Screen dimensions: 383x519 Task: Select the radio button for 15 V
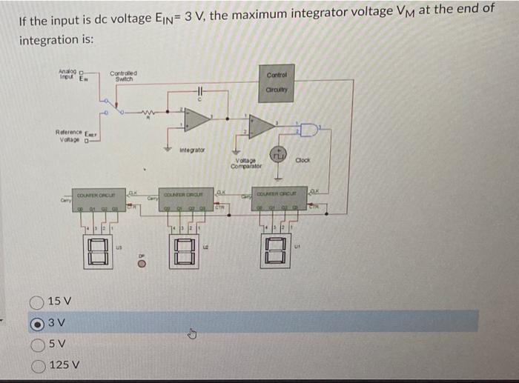[x=35, y=302]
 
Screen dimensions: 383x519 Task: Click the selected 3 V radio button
[x=35, y=322]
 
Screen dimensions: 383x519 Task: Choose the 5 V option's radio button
[x=35, y=343]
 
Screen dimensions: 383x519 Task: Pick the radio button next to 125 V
[x=35, y=364]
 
